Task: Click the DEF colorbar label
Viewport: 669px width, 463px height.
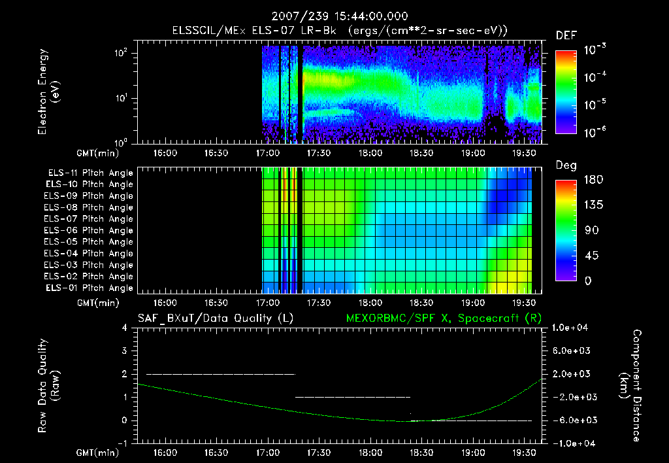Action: pyautogui.click(x=565, y=35)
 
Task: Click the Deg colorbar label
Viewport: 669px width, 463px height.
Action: pyautogui.click(x=565, y=165)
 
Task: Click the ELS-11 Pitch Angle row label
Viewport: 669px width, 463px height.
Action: pyautogui.click(x=90, y=173)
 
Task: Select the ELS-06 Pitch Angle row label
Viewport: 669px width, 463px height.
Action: pyautogui.click(x=90, y=230)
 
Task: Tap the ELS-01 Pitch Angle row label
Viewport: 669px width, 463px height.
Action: pyautogui.click(x=90, y=288)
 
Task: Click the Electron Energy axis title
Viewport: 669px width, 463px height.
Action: pyautogui.click(x=49, y=92)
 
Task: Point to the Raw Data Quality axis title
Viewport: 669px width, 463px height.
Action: pyautogui.click(x=49, y=385)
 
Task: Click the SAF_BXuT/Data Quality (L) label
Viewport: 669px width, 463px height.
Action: pyautogui.click(x=215, y=318)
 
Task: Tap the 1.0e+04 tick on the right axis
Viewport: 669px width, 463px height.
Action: pyautogui.click(x=571, y=327)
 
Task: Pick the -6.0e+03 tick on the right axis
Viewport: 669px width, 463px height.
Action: pyautogui.click(x=571, y=420)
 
